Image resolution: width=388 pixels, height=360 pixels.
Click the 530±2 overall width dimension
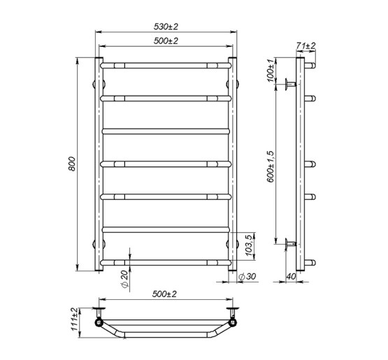click(x=166, y=27)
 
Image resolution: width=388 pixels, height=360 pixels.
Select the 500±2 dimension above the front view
click(x=166, y=41)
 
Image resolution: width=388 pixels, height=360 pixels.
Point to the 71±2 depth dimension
click(x=306, y=45)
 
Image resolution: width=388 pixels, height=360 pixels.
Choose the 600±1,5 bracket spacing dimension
click(x=273, y=164)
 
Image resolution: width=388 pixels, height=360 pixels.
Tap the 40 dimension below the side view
click(x=292, y=276)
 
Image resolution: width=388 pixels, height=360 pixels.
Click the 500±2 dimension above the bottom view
click(x=166, y=296)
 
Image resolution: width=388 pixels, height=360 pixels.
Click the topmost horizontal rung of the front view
click(x=166, y=65)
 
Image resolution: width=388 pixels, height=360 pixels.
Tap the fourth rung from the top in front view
click(x=166, y=164)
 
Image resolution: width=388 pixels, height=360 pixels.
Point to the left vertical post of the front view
click(x=99, y=164)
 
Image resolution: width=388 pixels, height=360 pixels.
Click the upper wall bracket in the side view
click(x=289, y=84)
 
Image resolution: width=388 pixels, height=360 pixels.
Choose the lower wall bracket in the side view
click(x=289, y=244)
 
